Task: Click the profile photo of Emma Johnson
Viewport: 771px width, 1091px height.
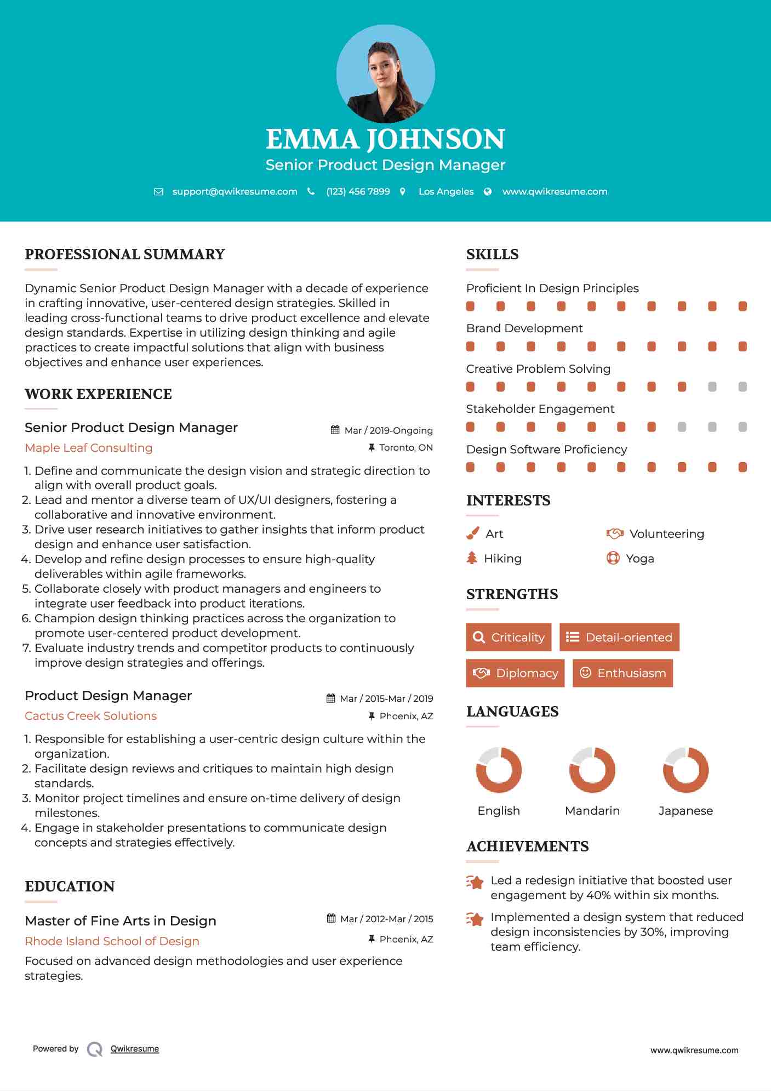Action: [385, 73]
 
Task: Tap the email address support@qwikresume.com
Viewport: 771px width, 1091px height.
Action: [235, 191]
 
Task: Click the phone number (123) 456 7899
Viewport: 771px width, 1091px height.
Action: [358, 191]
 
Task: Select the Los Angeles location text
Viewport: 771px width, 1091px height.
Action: [446, 191]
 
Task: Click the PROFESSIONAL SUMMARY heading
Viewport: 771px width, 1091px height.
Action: [125, 254]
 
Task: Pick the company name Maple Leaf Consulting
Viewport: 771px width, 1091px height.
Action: [89, 448]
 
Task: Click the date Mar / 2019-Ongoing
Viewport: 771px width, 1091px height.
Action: [389, 430]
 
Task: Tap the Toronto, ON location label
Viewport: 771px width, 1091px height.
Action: [406, 447]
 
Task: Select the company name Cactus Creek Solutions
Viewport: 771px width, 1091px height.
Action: [91, 716]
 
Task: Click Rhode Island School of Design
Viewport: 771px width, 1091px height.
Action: [112, 941]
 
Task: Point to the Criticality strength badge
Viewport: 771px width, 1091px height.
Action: [509, 637]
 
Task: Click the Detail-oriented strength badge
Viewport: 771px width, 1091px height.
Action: [619, 637]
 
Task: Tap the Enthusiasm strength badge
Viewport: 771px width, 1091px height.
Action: [622, 673]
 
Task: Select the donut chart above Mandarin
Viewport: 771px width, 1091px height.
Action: [592, 770]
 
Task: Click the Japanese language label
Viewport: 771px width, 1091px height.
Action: [686, 810]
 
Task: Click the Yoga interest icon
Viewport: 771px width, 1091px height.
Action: [613, 558]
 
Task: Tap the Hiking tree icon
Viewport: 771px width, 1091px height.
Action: [472, 558]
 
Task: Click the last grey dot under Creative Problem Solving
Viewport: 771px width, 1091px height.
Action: [743, 387]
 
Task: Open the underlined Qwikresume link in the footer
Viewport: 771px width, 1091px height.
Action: [135, 1049]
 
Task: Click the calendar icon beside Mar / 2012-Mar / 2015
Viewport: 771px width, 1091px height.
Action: [331, 918]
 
